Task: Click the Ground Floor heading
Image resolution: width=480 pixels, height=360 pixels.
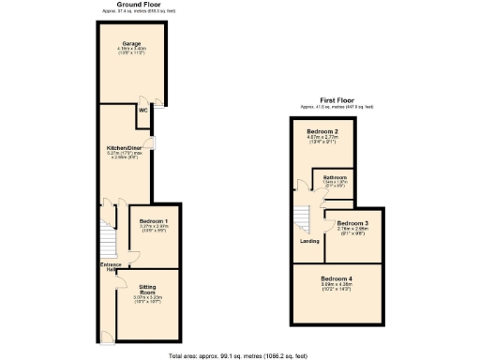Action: pyautogui.click(x=137, y=5)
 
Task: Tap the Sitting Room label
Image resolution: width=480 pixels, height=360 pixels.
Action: pyautogui.click(x=147, y=289)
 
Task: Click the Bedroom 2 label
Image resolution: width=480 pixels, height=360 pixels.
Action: pyautogui.click(x=322, y=131)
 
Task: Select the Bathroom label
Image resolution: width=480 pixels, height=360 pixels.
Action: pyautogui.click(x=337, y=176)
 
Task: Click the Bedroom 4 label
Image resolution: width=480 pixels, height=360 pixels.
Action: pyautogui.click(x=337, y=278)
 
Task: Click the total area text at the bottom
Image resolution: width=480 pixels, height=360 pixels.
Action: pyautogui.click(x=238, y=356)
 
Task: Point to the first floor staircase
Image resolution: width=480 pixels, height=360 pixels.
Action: pyautogui.click(x=304, y=218)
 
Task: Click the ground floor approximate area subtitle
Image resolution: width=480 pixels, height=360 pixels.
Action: pyautogui.click(x=137, y=11)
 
